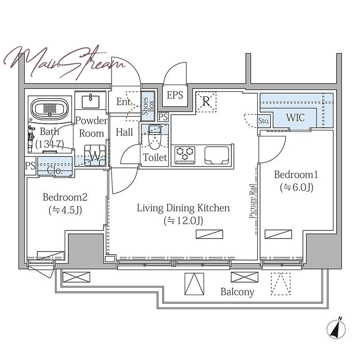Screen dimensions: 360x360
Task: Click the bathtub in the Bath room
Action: pos(50,109)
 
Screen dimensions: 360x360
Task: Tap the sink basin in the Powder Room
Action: pos(90,102)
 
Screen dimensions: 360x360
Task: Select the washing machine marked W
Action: pos(95,155)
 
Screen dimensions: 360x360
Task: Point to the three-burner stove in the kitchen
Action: pos(185,155)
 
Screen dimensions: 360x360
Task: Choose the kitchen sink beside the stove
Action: pos(216,155)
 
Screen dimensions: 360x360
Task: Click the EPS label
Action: pos(175,95)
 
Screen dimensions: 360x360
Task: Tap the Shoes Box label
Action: pos(148,106)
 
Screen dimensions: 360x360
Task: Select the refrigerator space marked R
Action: pos(206,102)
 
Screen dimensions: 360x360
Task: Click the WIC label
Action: pos(295,118)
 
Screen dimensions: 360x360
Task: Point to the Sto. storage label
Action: pos(264,121)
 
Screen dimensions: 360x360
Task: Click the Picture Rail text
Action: pos(252,201)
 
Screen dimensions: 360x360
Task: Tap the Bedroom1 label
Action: pos(296,175)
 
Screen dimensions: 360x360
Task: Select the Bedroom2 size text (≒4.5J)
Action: pos(65,210)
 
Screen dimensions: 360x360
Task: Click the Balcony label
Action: pos(238,292)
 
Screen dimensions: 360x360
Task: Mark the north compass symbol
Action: pos(336,328)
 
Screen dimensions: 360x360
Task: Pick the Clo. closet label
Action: pos(54,171)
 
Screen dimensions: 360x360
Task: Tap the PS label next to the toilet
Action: pos(163,117)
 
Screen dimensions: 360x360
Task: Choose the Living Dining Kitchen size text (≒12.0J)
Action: pos(184,220)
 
